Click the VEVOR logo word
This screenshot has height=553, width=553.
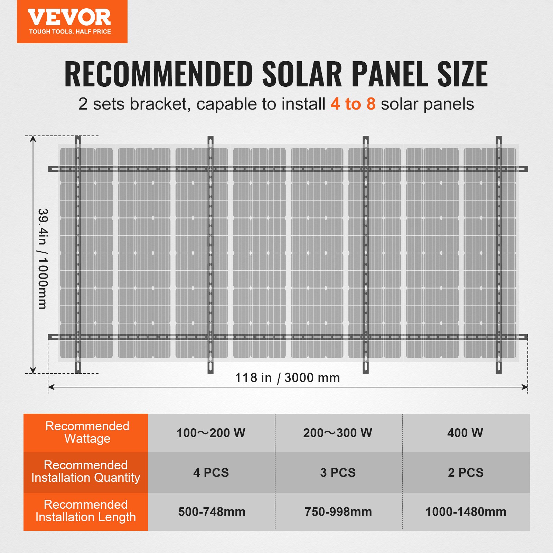click(x=69, y=17)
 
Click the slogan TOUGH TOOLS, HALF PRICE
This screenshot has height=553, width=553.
click(x=70, y=32)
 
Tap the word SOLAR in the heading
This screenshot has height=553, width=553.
click(x=302, y=74)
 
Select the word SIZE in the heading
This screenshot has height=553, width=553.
click(x=462, y=74)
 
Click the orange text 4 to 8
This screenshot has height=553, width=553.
click(x=353, y=104)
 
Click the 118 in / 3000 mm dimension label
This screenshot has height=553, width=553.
click(x=287, y=378)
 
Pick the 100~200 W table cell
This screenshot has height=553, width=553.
click(x=211, y=433)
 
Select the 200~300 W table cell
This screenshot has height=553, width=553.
click(x=338, y=433)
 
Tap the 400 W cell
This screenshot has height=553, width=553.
click(x=465, y=433)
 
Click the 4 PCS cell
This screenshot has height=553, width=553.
click(x=211, y=472)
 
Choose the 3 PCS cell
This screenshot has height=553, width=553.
click(x=338, y=472)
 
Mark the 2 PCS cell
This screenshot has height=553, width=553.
click(x=466, y=472)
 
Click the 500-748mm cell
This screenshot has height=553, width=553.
click(x=212, y=512)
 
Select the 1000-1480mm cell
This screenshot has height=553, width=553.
click(x=466, y=512)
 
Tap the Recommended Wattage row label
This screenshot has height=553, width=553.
click(x=87, y=432)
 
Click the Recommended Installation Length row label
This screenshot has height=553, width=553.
click(x=86, y=511)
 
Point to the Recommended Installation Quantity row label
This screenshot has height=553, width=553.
click(x=86, y=471)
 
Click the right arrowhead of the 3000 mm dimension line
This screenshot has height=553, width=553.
click(x=525, y=387)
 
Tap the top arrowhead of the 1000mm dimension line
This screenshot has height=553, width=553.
click(x=33, y=139)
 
